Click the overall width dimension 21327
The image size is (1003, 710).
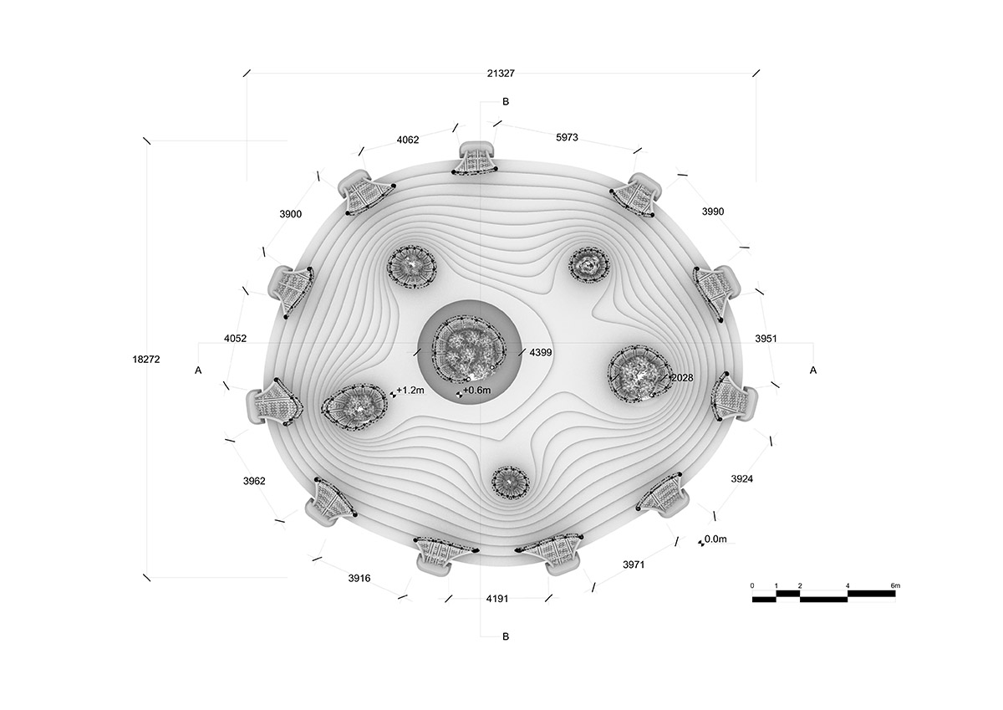click(501, 74)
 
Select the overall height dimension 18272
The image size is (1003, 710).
click(146, 360)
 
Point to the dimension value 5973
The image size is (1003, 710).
click(567, 137)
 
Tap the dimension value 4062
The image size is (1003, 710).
click(408, 140)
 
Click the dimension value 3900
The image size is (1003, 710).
click(291, 214)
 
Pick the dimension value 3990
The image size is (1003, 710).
click(713, 212)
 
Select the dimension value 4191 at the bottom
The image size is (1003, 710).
click(497, 599)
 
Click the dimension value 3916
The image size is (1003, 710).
click(359, 579)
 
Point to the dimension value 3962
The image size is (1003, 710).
click(254, 481)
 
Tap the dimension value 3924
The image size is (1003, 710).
click(742, 479)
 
